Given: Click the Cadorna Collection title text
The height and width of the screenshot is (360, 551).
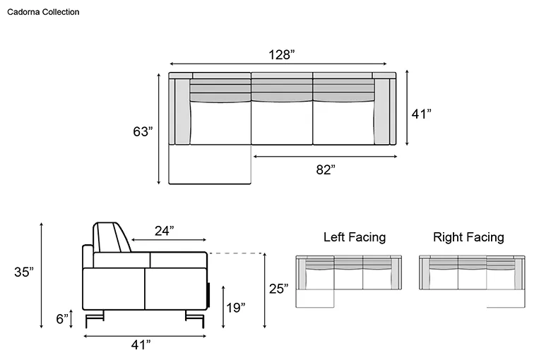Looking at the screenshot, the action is pos(43,12).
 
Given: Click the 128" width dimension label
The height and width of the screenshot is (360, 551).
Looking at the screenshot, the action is pos(281,55).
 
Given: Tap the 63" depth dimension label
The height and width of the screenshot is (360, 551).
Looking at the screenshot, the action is pos(143,132).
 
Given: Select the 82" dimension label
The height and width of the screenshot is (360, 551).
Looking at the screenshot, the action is pos(326,169).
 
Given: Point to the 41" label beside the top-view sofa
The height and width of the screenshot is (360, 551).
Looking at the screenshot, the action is pos(421,114).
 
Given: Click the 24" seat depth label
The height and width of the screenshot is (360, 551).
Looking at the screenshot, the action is pos(165,231).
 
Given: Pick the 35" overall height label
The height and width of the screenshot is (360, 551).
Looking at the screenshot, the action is pos(24,272).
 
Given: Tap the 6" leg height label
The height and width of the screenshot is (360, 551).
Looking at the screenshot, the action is pos(62,319).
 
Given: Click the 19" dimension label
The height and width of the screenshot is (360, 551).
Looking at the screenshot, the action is pos(235,308).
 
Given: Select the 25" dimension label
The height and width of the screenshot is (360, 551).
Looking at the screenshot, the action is pos(278,289).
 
